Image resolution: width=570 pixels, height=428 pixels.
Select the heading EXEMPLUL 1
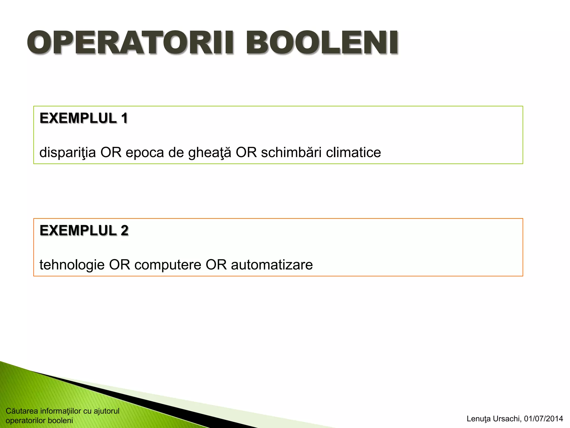tap(83, 118)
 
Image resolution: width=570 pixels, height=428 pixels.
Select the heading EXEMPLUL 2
tap(84, 231)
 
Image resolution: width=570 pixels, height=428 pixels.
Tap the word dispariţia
tap(67, 153)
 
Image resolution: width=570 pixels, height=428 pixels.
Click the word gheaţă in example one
tap(210, 153)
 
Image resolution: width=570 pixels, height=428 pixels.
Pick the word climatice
tap(353, 153)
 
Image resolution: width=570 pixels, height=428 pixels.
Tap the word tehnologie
tap(72, 265)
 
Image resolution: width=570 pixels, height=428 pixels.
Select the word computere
tap(168, 265)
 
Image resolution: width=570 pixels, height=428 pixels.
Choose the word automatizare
tap(272, 265)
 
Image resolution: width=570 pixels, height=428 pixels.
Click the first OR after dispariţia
tap(111, 153)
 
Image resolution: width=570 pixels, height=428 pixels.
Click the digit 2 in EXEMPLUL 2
tap(124, 231)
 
